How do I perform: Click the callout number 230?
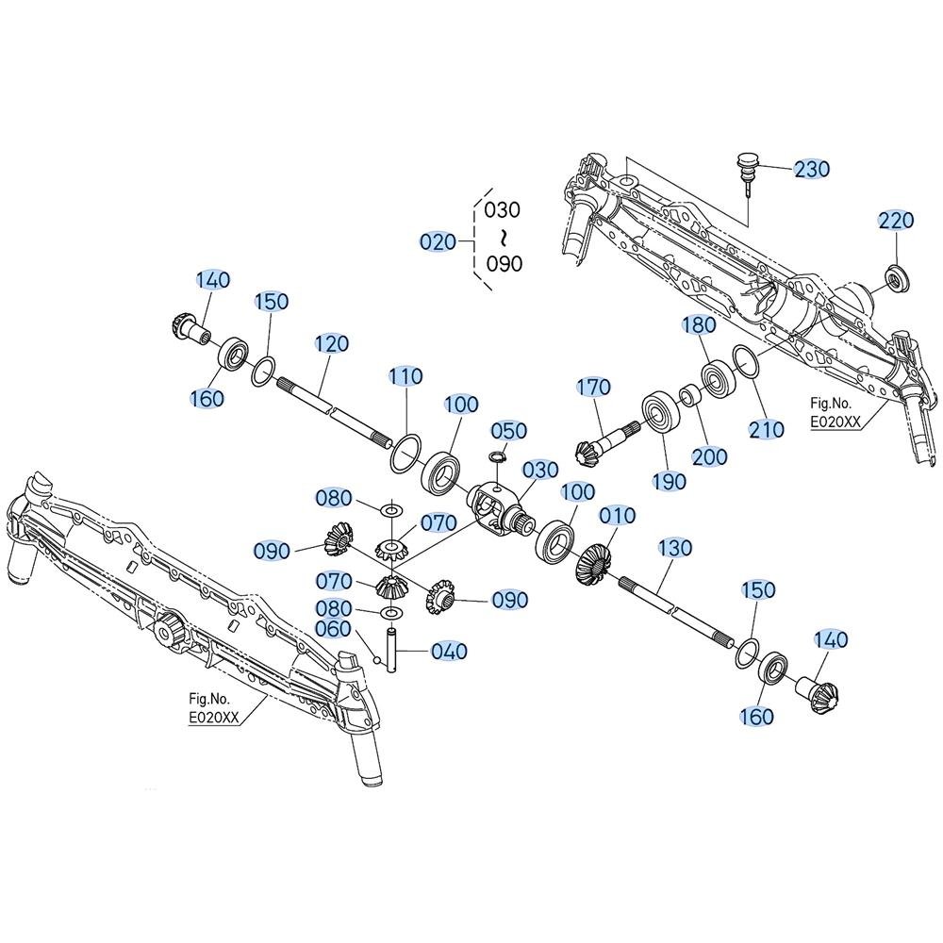811,169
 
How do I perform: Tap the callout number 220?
896,220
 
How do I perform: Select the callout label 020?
438,242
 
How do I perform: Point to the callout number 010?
618,516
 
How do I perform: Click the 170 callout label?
594,388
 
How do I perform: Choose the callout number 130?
675,548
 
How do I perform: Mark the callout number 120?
331,343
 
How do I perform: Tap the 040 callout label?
449,652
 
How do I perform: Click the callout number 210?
766,429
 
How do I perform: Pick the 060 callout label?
333,628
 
